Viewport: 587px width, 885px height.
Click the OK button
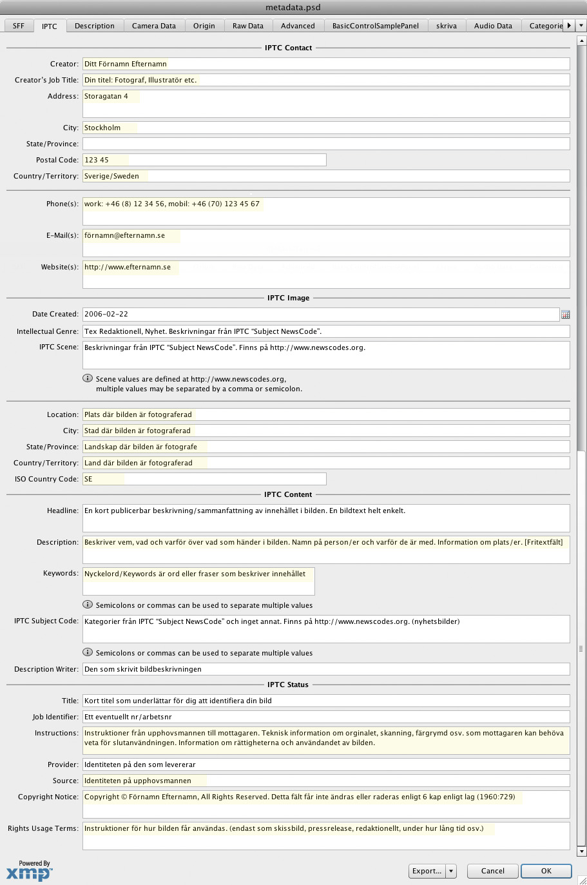pos(546,871)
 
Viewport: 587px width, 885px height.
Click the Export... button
pos(426,871)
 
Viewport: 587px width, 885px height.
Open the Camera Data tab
pos(153,26)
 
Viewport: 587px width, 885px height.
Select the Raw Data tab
pos(247,26)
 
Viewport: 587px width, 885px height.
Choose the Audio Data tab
pos(493,26)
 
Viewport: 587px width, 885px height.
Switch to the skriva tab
pos(446,26)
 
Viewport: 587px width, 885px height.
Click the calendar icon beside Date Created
pos(565,315)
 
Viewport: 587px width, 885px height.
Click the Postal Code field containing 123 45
pos(204,160)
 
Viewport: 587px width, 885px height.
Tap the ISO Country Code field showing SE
pos(204,479)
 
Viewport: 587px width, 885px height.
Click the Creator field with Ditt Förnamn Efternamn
pos(325,64)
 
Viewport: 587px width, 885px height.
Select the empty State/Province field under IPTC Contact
pos(325,144)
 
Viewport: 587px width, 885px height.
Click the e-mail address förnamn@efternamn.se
pos(125,236)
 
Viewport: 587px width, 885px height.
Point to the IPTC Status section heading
pos(288,685)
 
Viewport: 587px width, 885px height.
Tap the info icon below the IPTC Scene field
pos(88,378)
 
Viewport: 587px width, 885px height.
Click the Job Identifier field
pos(325,717)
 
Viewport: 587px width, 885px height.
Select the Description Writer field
pos(325,669)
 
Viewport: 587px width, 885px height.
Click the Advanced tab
pos(298,26)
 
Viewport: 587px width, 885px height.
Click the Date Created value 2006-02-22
pos(106,315)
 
